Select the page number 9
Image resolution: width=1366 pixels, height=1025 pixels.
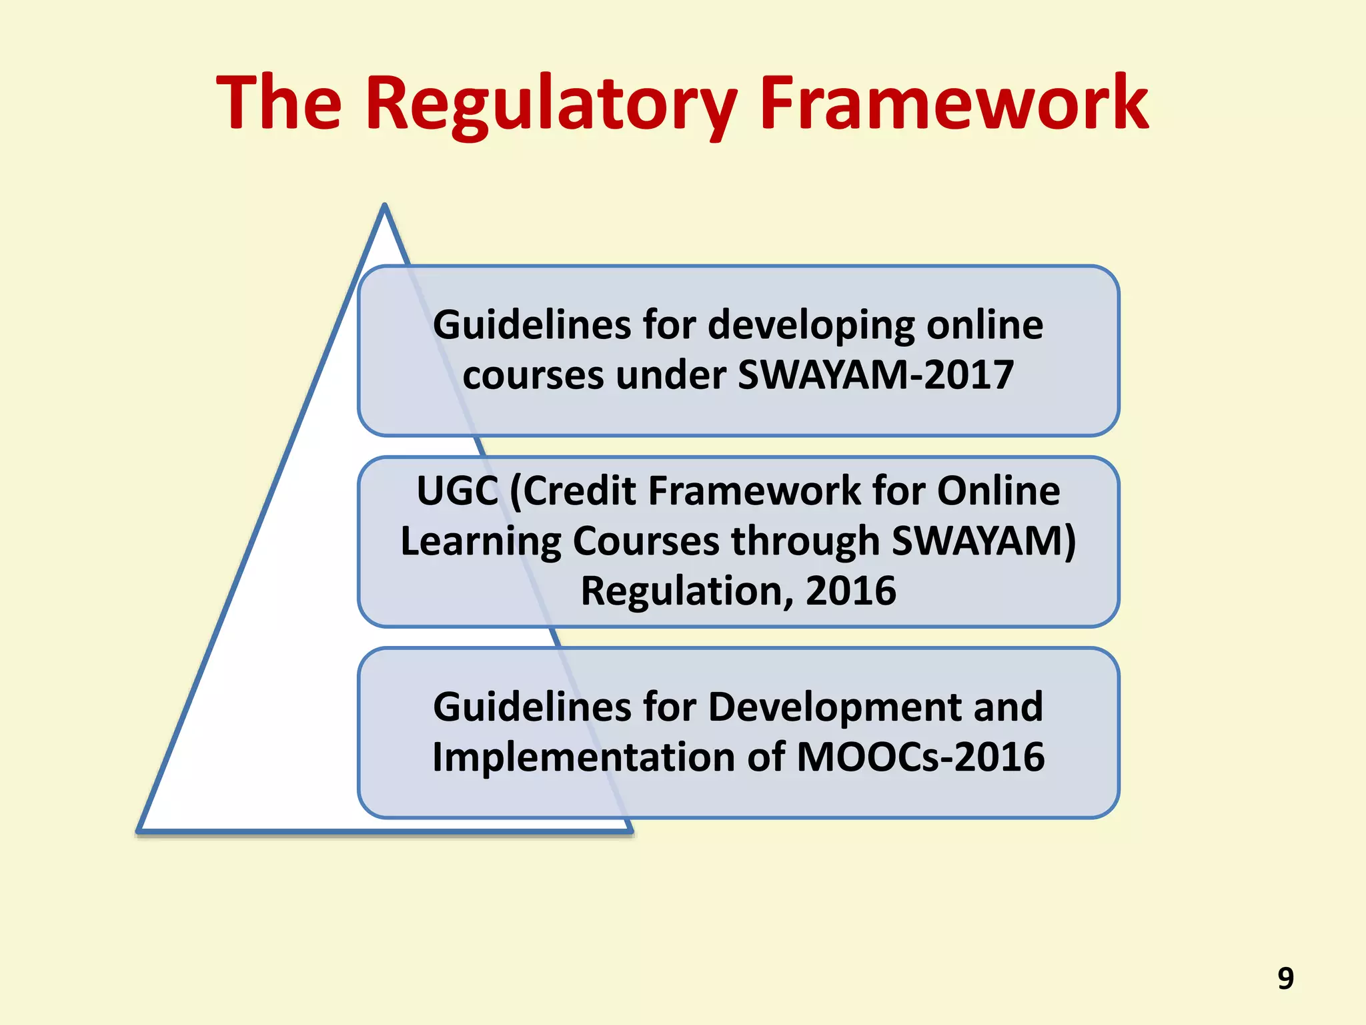tap(1285, 978)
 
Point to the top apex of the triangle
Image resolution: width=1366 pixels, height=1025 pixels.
tap(385, 207)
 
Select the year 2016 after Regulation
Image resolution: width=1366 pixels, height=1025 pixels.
tap(850, 591)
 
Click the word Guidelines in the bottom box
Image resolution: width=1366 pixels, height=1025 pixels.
tap(532, 707)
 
